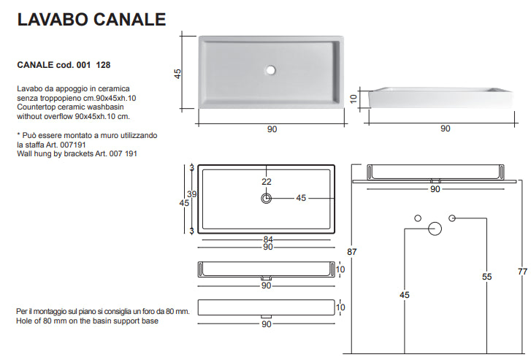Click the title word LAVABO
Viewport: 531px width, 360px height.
click(x=53, y=19)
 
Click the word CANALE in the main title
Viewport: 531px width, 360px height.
click(x=129, y=19)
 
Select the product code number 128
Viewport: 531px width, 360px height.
click(x=103, y=65)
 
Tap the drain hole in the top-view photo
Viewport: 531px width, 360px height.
click(x=270, y=70)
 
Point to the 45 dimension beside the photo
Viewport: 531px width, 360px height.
click(x=177, y=74)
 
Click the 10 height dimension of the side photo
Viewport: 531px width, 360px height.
click(x=354, y=99)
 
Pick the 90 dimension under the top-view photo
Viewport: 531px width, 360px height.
click(x=272, y=129)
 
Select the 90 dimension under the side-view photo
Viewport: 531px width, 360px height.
click(x=446, y=129)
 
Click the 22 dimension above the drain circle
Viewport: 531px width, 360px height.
click(x=267, y=182)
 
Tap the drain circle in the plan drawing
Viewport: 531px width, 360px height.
click(x=267, y=198)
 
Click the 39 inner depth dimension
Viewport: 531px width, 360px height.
click(x=191, y=194)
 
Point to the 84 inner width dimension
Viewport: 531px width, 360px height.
click(x=268, y=240)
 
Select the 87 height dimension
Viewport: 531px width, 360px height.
click(x=351, y=252)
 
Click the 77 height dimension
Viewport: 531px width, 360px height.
click(x=522, y=272)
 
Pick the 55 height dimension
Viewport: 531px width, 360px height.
click(x=486, y=277)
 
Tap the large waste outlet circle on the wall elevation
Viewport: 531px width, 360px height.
click(x=435, y=229)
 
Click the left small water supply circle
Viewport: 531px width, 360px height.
click(x=418, y=218)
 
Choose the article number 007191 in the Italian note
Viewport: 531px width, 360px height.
click(x=73, y=145)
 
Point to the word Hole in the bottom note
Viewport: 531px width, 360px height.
click(x=23, y=321)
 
